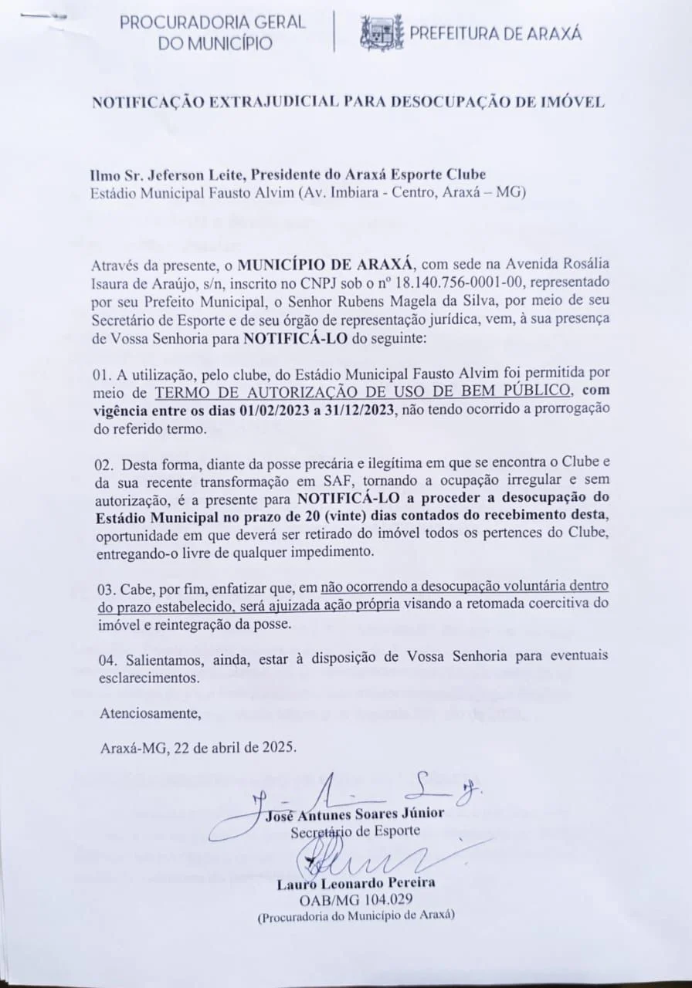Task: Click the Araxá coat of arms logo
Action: (382, 33)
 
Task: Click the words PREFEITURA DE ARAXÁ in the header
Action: (495, 33)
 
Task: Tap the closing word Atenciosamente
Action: (150, 712)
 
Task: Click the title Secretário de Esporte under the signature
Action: (355, 832)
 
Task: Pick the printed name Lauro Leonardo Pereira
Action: (356, 882)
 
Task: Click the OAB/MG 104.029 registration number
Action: (356, 899)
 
